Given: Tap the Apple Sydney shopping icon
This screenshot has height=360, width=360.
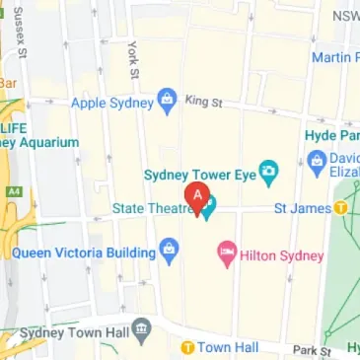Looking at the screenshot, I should [167, 101].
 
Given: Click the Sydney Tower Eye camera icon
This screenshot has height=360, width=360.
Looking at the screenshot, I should [266, 175].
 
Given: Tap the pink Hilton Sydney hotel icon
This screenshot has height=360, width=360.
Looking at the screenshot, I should [226, 255].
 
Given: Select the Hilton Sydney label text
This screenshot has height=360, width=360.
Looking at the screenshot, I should [282, 255].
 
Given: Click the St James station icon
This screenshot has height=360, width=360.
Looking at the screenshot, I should [339, 207].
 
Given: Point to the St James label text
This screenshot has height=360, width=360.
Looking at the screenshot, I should [302, 207].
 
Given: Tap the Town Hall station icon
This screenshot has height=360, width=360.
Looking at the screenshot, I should [185, 347].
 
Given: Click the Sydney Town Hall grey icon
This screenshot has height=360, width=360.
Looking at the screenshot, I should [142, 326].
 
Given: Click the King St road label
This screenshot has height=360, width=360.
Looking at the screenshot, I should [204, 101].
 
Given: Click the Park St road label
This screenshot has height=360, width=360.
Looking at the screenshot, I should [310, 350].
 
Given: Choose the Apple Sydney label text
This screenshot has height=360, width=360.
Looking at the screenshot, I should [111, 101].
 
